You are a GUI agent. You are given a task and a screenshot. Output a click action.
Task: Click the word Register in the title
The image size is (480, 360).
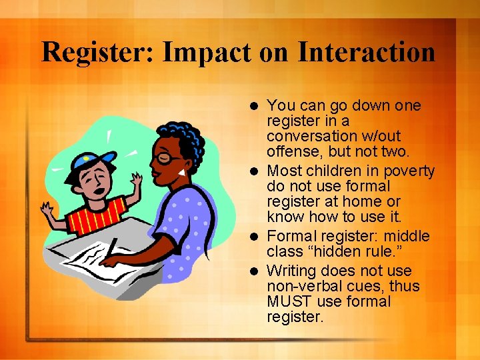tap(97, 53)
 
